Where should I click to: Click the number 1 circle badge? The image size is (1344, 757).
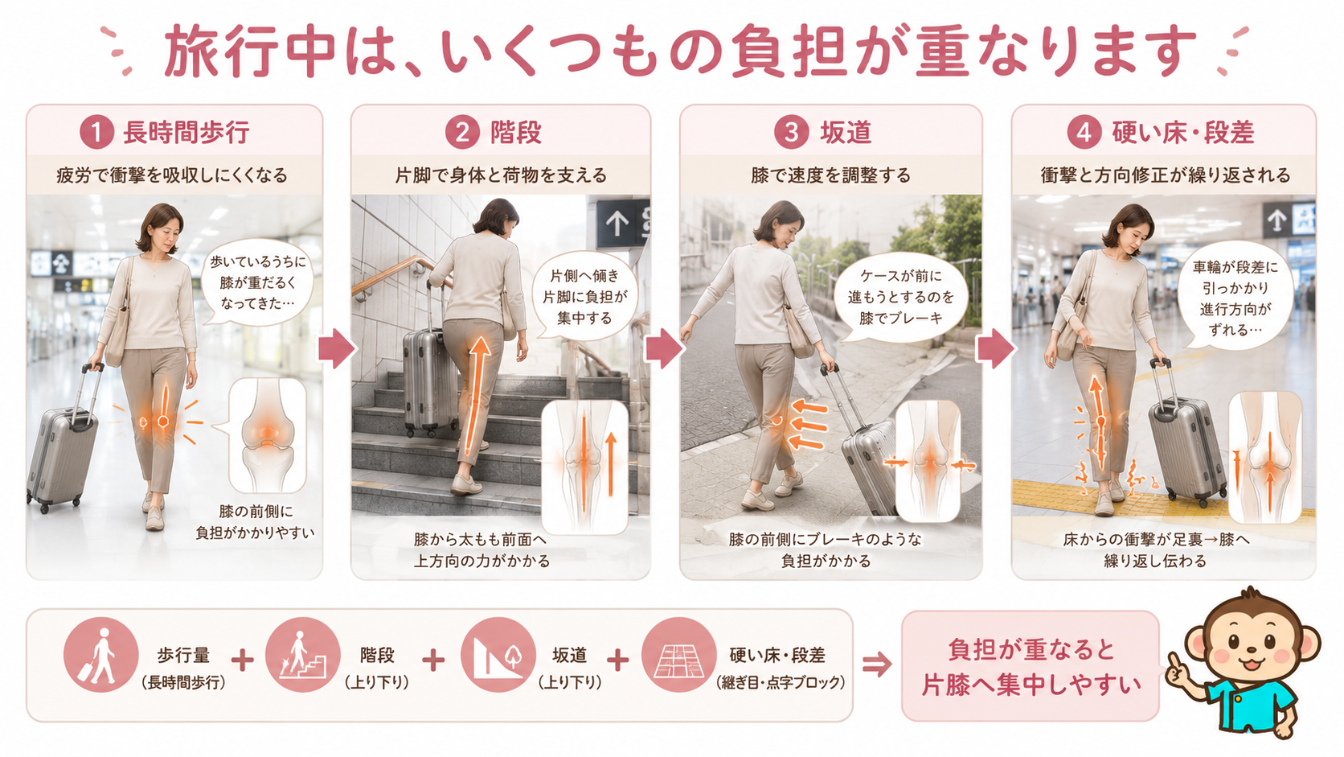[97, 132]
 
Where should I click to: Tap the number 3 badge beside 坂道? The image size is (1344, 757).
[791, 132]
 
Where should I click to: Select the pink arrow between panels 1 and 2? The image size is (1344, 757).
[337, 348]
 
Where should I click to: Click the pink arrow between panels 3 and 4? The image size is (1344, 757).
[996, 348]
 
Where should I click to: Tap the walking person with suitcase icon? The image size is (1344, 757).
[100, 655]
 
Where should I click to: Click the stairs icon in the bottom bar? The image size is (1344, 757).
[302, 655]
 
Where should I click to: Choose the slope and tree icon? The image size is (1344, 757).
[498, 655]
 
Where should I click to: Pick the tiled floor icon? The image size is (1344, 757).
[678, 655]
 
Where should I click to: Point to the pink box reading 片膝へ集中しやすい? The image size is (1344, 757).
[1031, 666]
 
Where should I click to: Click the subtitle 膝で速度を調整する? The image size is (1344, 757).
[831, 175]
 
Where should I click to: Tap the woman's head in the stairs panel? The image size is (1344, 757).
[496, 217]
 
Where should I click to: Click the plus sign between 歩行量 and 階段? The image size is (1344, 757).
[243, 660]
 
